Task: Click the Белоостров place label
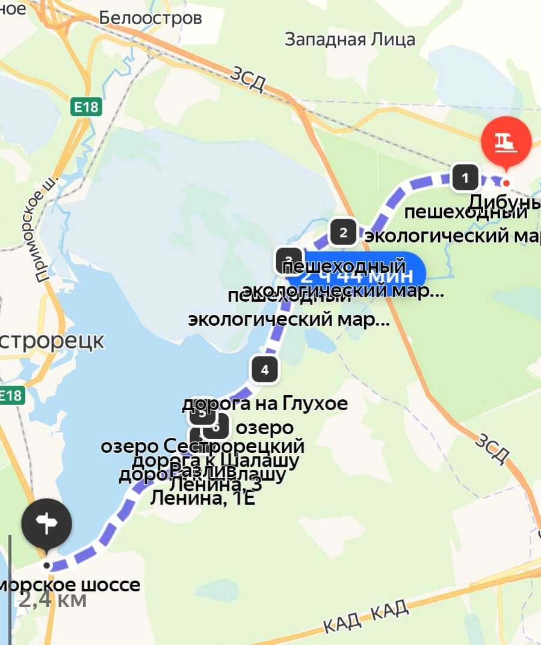coord(150,18)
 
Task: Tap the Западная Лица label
coord(350,40)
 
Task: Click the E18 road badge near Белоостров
coord(85,107)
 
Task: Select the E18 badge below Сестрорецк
coord(10,396)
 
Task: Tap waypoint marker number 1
coord(465,178)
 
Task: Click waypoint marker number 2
coord(344,232)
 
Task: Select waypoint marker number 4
coord(265,369)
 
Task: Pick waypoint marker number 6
coord(216,427)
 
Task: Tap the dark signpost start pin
coord(47,524)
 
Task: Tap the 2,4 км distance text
coord(53,599)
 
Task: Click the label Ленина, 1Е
coord(203,498)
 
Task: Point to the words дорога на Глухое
coord(265,403)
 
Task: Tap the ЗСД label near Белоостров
coord(247,80)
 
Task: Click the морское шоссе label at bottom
coord(71,584)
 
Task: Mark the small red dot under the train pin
coord(507,183)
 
